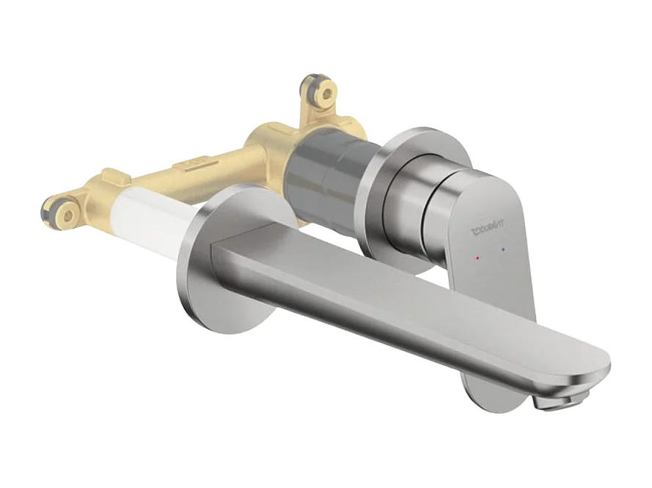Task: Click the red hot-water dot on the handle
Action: pyautogui.click(x=477, y=259)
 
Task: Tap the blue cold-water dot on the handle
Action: pyautogui.click(x=502, y=251)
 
